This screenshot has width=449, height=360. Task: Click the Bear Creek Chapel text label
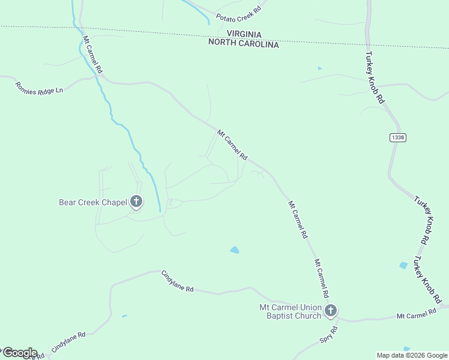93,202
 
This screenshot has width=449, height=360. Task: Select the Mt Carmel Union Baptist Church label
290,311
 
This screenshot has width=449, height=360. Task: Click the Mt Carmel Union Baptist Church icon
331,310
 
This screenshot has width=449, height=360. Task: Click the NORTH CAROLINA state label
244,44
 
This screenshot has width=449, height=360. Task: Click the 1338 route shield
397,137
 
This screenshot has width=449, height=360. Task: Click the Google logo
19,352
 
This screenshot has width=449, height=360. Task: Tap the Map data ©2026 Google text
412,355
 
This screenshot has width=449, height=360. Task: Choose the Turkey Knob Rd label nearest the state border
374,78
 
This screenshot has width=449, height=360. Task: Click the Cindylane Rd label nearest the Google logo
68,341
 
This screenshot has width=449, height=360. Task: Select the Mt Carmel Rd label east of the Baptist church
416,314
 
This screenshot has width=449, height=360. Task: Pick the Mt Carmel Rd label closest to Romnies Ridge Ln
92,55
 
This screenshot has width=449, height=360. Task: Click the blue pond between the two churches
235,250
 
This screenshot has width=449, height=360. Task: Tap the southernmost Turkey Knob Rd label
427,280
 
